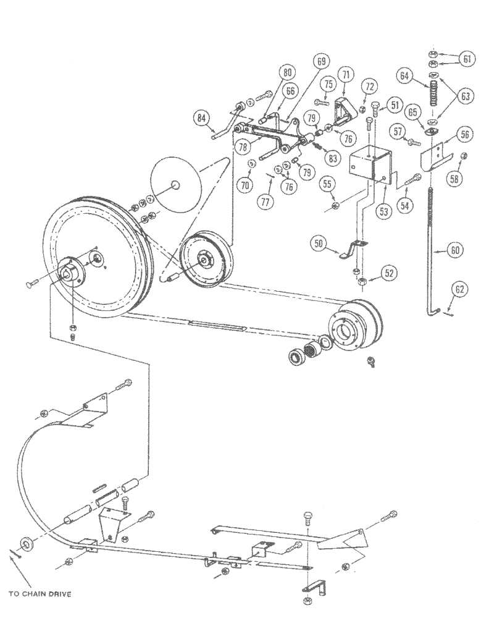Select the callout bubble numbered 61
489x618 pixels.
point(467,59)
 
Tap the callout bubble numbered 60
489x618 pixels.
point(454,251)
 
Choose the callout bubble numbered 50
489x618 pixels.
point(319,245)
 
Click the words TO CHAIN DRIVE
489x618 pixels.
point(40,594)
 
